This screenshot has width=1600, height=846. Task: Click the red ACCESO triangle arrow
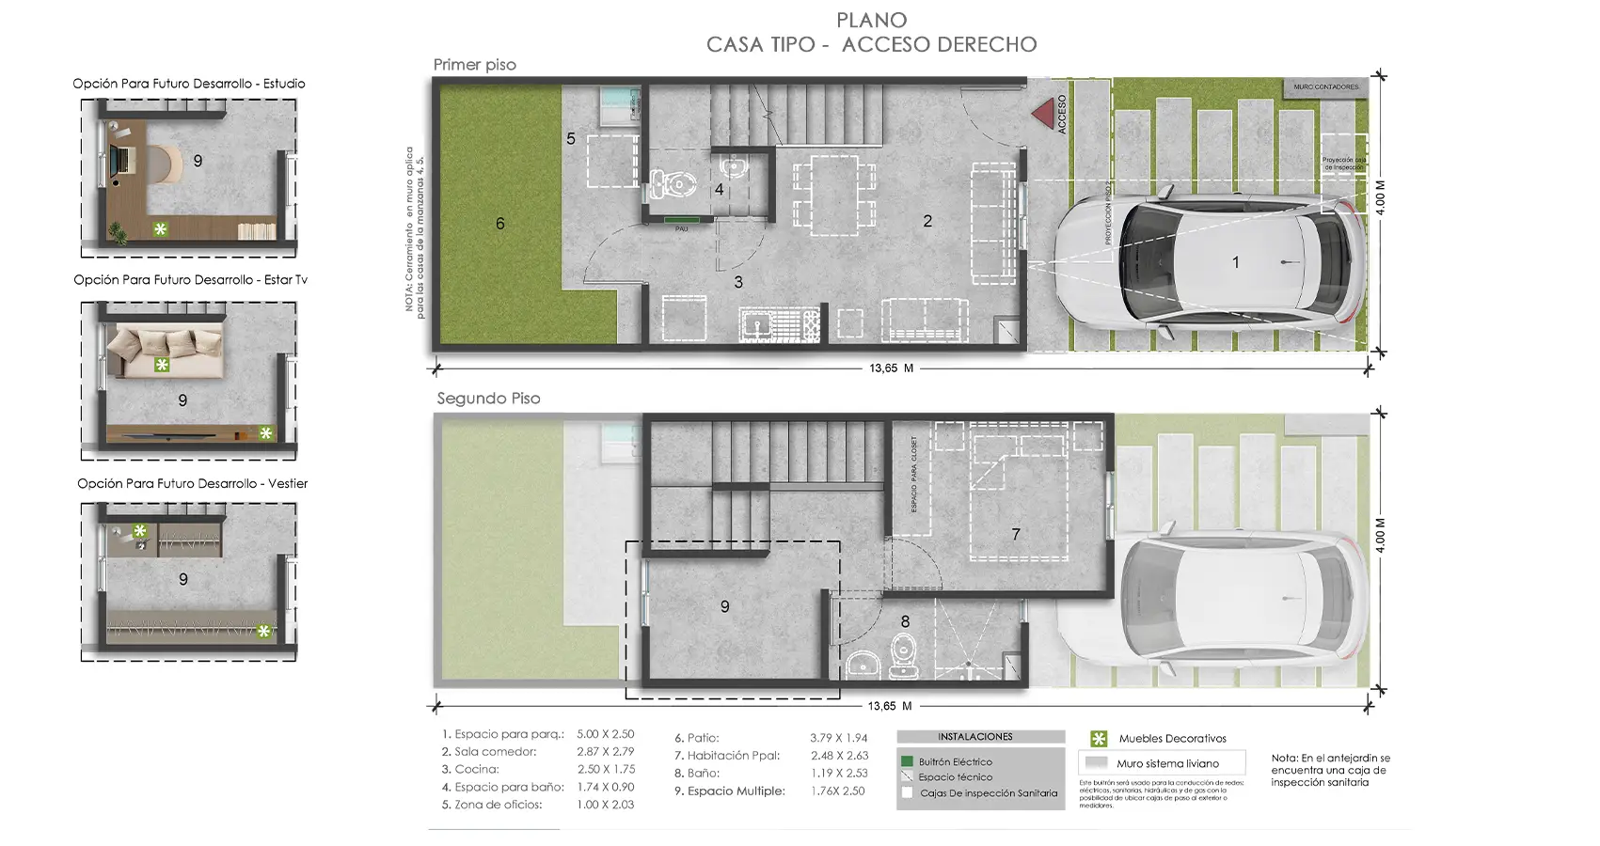(x=1041, y=113)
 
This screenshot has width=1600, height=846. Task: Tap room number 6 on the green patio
(x=500, y=224)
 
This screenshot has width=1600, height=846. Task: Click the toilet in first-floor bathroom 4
(x=670, y=183)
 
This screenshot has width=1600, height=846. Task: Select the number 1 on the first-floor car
(x=1236, y=263)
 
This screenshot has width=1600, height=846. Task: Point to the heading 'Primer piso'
(x=474, y=65)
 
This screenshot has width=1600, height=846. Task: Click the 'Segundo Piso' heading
(x=488, y=399)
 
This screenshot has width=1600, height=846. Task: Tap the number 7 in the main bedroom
(x=1016, y=534)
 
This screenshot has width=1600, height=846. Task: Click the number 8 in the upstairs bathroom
(x=905, y=621)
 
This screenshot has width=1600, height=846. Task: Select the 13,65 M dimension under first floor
(x=891, y=368)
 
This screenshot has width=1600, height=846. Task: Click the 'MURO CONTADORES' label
(x=1325, y=87)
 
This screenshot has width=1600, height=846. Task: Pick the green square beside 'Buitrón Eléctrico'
(x=907, y=761)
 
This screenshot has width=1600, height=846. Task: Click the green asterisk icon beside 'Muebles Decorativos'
(x=1098, y=739)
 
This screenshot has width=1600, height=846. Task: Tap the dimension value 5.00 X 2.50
(x=605, y=734)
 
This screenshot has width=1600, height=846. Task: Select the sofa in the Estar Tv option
(x=166, y=352)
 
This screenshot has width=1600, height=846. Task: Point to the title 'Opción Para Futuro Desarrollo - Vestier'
(x=192, y=483)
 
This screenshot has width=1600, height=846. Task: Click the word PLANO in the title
(x=871, y=20)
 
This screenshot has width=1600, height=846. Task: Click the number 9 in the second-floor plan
(x=724, y=607)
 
